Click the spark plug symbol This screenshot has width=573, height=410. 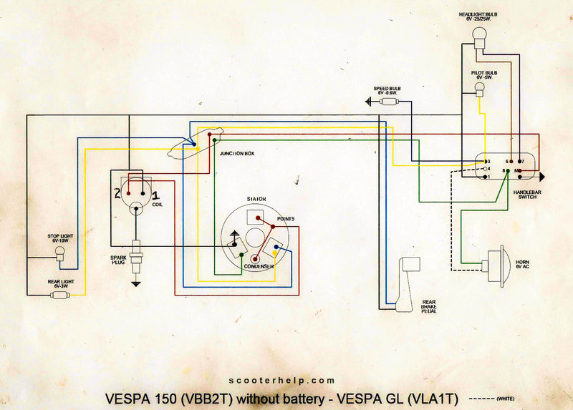pyautogui.click(x=135, y=250)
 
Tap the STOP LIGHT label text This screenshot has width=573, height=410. pyautogui.click(x=59, y=238)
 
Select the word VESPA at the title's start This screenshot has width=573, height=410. pyautogui.click(x=128, y=398)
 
